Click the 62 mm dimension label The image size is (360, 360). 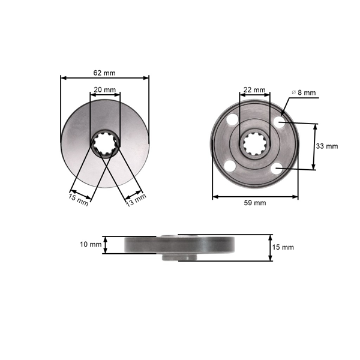(x=104, y=73)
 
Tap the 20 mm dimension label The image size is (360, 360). (x=105, y=89)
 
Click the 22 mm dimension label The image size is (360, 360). (x=254, y=90)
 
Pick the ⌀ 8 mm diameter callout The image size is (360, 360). (x=303, y=92)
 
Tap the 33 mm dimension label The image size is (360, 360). (x=327, y=146)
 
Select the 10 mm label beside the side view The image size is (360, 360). (x=91, y=244)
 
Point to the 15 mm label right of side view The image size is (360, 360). (x=283, y=247)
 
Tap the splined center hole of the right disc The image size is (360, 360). (x=255, y=145)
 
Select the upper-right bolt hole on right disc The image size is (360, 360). (x=278, y=122)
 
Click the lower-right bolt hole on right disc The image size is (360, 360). (x=277, y=169)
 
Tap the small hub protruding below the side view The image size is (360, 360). (x=179, y=257)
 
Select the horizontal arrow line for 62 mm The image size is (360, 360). (x=104, y=77)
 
